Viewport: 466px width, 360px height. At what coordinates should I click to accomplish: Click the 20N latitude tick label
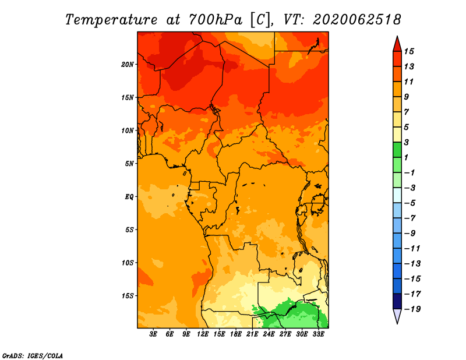[128, 65]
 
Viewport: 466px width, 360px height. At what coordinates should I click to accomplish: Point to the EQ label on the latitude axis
[129, 197]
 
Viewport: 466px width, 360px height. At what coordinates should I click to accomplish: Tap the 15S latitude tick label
[128, 296]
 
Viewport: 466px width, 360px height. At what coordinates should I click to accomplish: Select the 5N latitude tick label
[129, 164]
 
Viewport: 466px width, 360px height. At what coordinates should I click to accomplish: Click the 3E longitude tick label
[153, 334]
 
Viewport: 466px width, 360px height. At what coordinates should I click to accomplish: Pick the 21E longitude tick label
[252, 334]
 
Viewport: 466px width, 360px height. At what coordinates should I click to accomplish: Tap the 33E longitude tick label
[318, 334]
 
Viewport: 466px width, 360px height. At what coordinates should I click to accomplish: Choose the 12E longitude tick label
[203, 334]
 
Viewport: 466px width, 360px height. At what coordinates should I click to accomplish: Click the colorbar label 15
[409, 51]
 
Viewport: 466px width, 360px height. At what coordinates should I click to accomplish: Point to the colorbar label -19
[412, 309]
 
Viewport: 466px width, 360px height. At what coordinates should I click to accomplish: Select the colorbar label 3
[407, 142]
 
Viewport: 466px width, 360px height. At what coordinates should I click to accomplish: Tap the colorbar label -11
[412, 249]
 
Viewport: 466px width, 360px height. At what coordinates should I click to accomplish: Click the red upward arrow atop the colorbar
[397, 45]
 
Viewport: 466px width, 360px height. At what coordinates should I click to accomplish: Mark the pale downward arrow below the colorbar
[397, 316]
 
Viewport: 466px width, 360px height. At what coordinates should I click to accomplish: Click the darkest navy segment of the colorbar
[397, 301]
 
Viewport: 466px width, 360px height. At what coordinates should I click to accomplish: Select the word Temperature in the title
[111, 20]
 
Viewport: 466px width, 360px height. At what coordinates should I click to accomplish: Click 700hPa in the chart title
[216, 20]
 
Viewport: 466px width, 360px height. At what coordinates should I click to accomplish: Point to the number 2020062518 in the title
[357, 20]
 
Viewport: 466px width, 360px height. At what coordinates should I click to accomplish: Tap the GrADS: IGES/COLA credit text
[33, 355]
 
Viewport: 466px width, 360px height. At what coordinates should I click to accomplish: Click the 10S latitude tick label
[128, 263]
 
